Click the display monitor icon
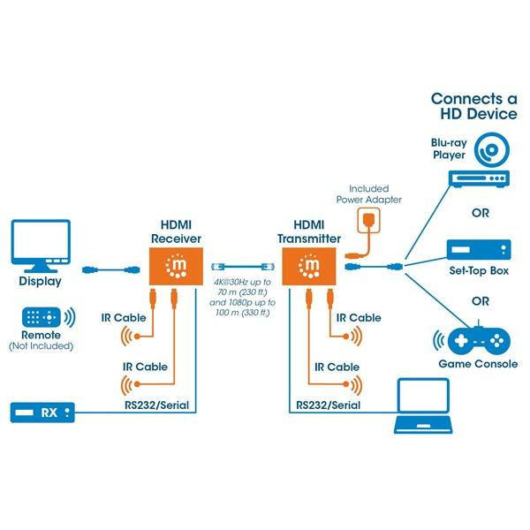point(41,246)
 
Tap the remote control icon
point(42,317)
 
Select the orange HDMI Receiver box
point(176,267)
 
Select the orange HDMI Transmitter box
point(309,267)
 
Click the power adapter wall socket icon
point(368,220)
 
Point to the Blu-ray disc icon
point(491,150)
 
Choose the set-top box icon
point(479,250)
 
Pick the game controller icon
point(479,340)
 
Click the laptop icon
point(423,405)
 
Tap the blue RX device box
point(42,413)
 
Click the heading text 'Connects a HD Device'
point(474,106)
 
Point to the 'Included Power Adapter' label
point(368,194)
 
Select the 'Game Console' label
point(478,364)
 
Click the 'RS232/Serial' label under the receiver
point(157,405)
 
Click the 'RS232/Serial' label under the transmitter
point(329,405)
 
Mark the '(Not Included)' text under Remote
point(41,346)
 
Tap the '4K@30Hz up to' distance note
point(242,282)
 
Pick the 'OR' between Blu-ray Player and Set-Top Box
point(481,213)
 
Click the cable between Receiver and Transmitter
point(243,267)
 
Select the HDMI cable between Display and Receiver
point(111,269)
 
